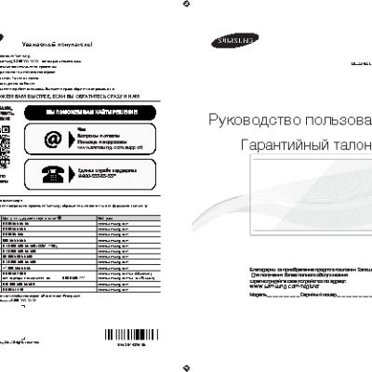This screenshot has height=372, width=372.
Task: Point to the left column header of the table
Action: pos(37,217)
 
